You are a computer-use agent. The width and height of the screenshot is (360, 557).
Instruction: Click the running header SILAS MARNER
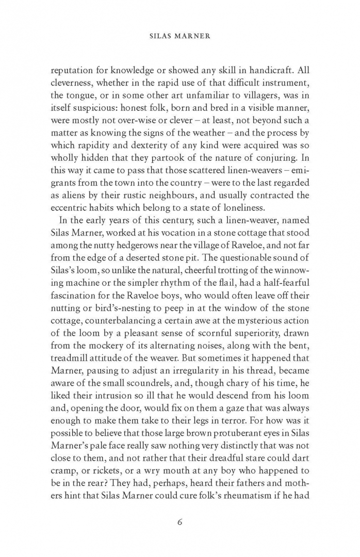tap(179, 38)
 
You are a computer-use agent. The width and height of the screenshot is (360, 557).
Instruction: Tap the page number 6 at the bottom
tap(179, 521)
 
